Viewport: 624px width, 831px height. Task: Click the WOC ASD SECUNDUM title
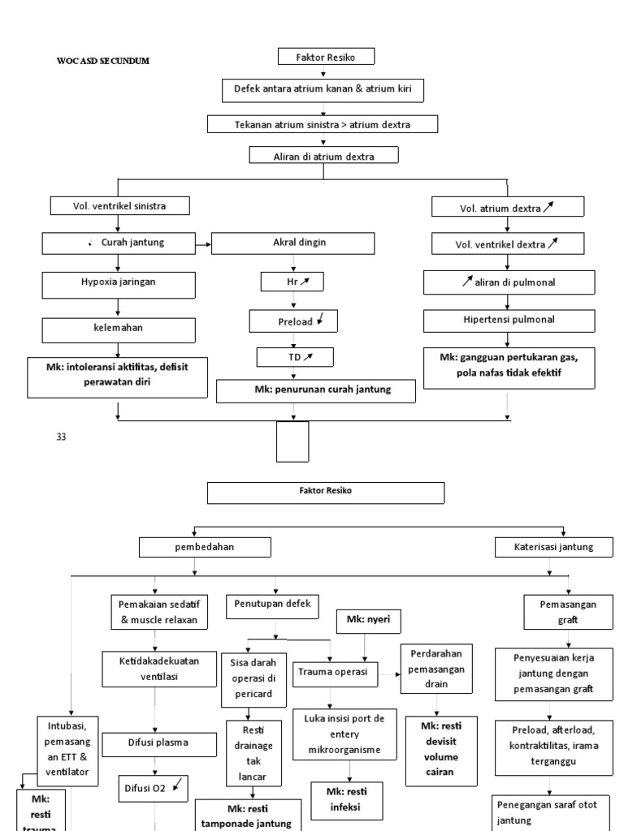(x=103, y=61)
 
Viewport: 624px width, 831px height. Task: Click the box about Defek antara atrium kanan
(x=323, y=91)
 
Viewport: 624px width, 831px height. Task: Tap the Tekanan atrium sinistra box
(x=323, y=124)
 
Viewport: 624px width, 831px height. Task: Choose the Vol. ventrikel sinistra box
(x=119, y=206)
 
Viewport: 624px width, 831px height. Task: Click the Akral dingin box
(x=292, y=243)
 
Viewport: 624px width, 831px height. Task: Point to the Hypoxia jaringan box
(x=119, y=284)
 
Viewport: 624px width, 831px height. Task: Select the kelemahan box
(x=119, y=330)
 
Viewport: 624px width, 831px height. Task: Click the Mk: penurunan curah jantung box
(x=316, y=390)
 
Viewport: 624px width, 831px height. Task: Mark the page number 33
(x=60, y=437)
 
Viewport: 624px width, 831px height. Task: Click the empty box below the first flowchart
(x=293, y=441)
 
